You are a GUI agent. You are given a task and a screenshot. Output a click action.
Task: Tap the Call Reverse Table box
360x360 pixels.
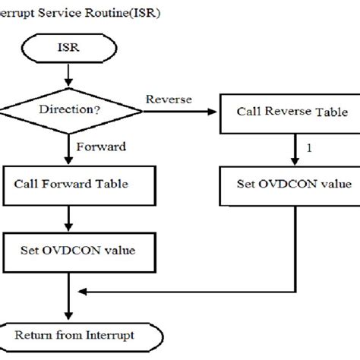(x=292, y=112)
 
